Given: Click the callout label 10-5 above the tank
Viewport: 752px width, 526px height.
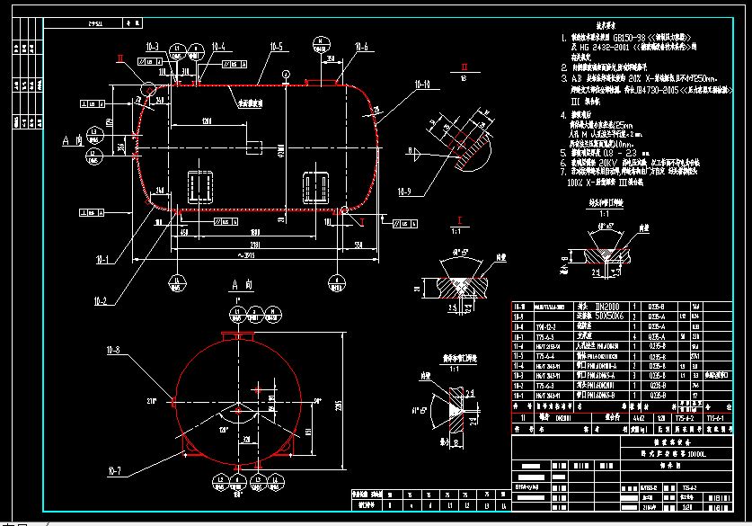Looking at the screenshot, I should pos(275,46).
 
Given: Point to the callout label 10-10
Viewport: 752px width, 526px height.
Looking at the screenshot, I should pos(421,85).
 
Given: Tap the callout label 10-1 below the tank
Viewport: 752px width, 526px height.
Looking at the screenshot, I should pos(101,261).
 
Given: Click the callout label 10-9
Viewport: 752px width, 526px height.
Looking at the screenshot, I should pos(403,190).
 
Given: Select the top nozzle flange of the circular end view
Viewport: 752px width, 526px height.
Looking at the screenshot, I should pos(233,336).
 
